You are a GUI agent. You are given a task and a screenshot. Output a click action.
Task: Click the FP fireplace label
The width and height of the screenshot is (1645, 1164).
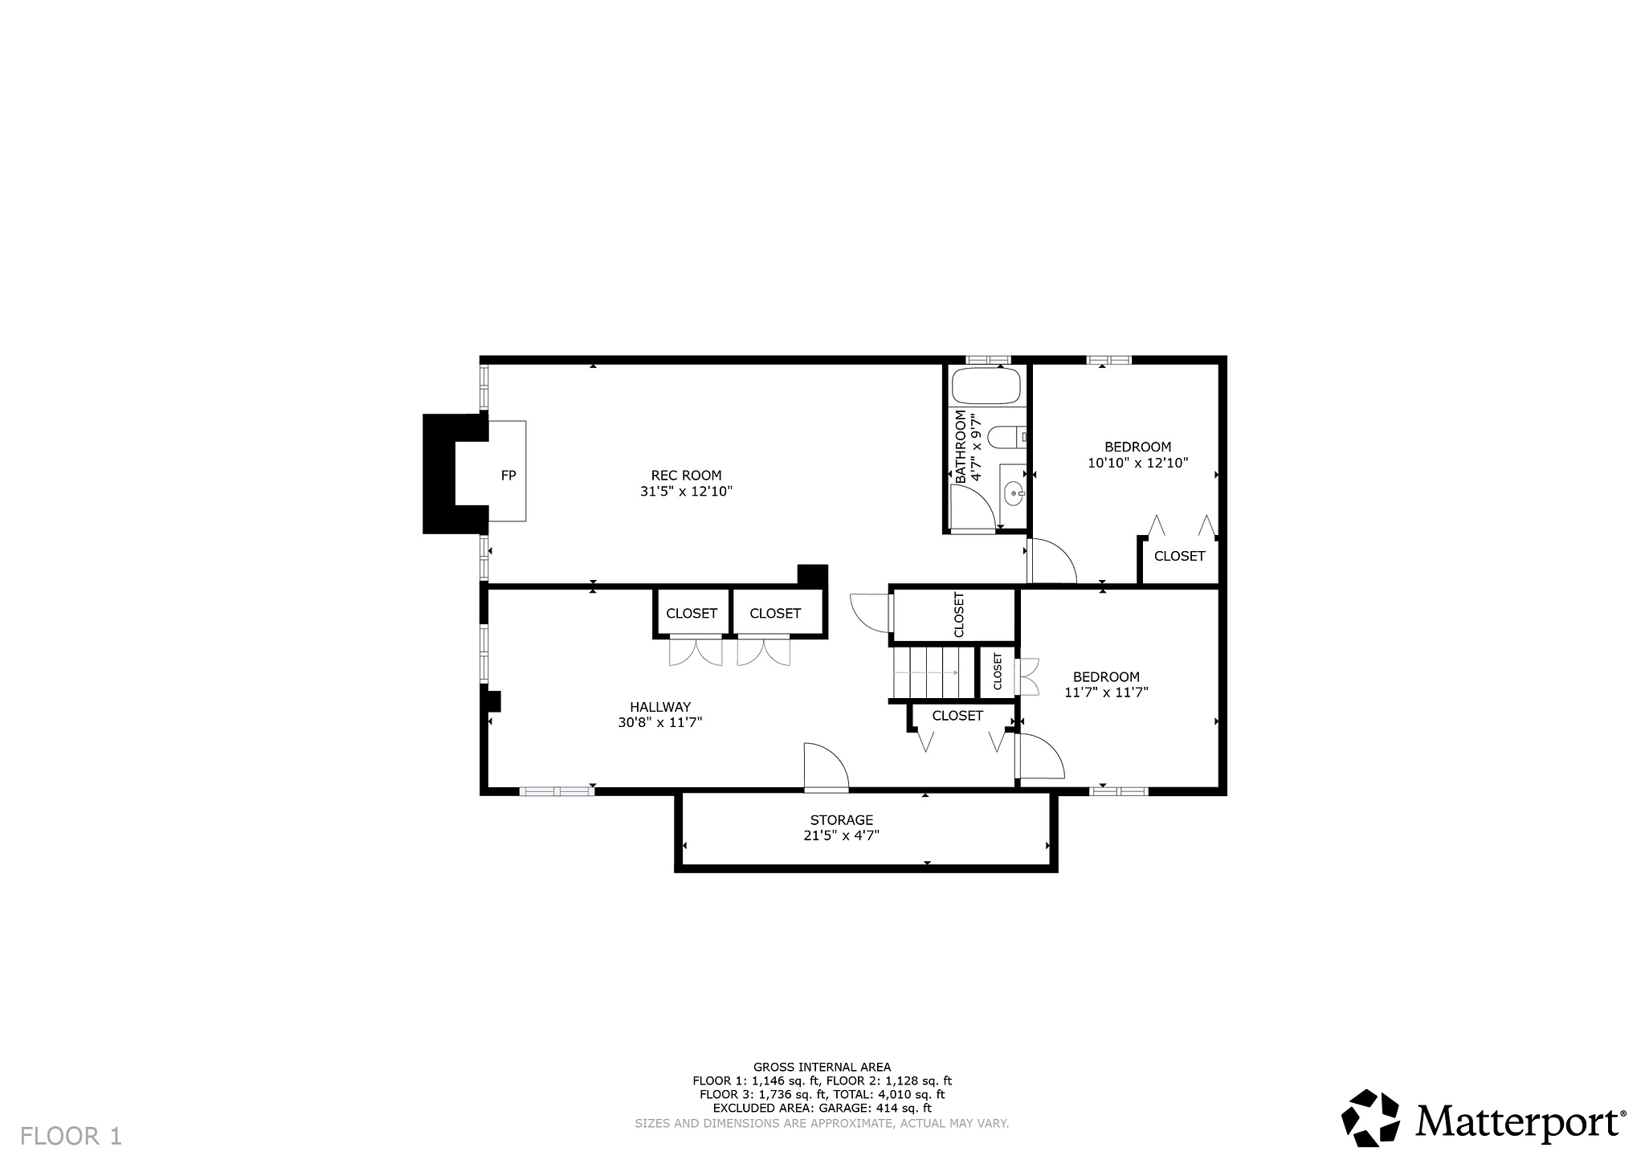(508, 476)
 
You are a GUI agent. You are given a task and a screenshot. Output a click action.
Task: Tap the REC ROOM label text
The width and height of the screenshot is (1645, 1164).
(686, 476)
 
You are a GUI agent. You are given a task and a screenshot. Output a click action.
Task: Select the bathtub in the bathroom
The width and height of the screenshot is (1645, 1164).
(986, 386)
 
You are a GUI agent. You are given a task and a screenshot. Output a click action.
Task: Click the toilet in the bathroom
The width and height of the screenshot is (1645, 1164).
(1005, 438)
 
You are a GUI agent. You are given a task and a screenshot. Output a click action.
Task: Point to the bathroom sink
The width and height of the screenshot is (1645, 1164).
(1014, 491)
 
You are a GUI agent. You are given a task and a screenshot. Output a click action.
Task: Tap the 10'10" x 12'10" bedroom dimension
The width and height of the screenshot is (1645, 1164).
(1137, 464)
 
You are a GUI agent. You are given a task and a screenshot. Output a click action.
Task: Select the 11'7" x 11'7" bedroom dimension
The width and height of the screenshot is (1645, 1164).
(1106, 692)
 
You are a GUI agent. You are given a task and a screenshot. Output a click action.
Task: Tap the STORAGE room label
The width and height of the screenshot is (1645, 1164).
(841, 820)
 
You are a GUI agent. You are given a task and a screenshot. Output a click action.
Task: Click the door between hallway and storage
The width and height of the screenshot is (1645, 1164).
(826, 768)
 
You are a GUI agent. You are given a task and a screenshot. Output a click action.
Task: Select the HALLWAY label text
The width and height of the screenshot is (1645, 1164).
(660, 707)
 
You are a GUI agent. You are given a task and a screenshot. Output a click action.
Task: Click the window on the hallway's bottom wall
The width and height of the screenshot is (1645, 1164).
(557, 791)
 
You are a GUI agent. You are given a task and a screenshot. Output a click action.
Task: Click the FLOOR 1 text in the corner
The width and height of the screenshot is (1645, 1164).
(71, 1136)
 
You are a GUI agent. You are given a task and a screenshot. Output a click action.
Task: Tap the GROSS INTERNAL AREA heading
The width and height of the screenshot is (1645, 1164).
(821, 1067)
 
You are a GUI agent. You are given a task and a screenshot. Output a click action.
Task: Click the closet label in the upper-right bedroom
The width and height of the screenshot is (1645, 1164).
(1179, 556)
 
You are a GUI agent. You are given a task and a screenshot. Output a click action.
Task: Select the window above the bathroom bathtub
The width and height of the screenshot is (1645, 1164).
(987, 360)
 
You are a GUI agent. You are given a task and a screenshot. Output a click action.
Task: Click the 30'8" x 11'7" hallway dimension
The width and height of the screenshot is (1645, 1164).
(660, 723)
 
